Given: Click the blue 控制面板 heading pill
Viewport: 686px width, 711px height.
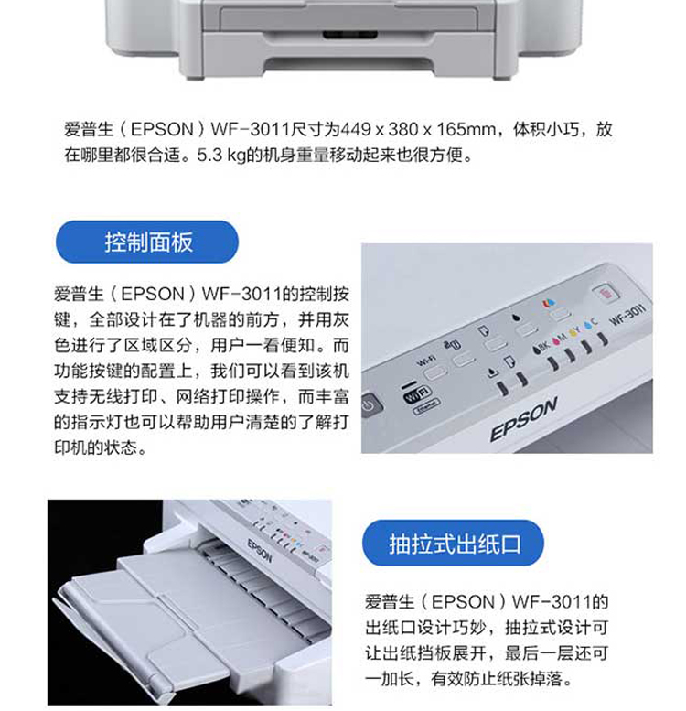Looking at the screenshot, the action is pyautogui.click(x=147, y=242).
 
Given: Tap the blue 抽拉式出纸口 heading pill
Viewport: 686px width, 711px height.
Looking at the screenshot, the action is pyautogui.click(x=453, y=543).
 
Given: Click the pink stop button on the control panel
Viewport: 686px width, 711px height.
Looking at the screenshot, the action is pyautogui.click(x=605, y=292).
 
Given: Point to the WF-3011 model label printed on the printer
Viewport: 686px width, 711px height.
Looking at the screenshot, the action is pyautogui.click(x=627, y=315).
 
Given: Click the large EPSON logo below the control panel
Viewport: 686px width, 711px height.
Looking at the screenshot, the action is pyautogui.click(x=523, y=419).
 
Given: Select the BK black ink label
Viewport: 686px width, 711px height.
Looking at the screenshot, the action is pyautogui.click(x=541, y=347).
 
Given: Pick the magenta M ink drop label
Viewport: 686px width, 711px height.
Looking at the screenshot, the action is pyautogui.click(x=559, y=339).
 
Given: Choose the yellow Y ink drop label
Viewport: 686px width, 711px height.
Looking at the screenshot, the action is pyautogui.click(x=574, y=331).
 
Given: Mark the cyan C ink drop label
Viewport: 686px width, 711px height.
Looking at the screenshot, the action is pyautogui.click(x=591, y=324).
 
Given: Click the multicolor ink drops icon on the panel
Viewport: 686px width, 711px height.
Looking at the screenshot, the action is pyautogui.click(x=549, y=303).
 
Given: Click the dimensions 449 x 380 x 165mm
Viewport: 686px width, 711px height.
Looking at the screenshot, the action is pyautogui.click(x=417, y=129).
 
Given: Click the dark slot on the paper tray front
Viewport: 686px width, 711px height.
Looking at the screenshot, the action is pyautogui.click(x=349, y=35).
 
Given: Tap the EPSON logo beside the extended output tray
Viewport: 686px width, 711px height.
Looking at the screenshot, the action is pyautogui.click(x=260, y=551).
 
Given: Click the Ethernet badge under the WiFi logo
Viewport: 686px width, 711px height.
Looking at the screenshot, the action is pyautogui.click(x=425, y=406).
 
